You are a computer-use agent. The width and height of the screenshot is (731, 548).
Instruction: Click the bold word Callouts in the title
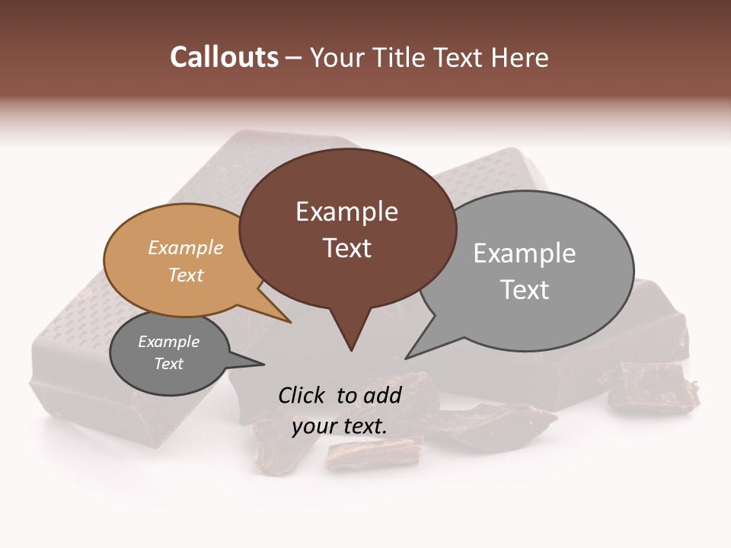224,57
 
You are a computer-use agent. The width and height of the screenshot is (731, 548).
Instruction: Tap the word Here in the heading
520,58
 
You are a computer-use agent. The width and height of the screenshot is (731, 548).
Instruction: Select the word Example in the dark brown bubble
346,212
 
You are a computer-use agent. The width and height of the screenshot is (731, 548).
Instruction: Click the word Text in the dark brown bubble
346,248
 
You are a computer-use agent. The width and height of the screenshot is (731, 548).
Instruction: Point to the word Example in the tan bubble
185,247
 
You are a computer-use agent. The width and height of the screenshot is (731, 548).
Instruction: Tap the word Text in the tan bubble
185,275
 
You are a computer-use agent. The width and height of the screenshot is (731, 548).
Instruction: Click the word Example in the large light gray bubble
524,253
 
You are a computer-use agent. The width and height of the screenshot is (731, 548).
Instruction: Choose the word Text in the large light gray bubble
524,290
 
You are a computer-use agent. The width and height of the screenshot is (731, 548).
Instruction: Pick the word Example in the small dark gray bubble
168,342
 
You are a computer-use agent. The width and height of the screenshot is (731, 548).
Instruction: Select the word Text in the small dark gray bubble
168,364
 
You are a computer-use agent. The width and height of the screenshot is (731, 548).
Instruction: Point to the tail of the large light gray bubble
416,351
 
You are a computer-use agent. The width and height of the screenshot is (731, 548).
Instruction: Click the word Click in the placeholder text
303,395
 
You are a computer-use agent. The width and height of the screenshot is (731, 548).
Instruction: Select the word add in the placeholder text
384,395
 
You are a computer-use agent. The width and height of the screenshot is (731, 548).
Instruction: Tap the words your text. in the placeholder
340,426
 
